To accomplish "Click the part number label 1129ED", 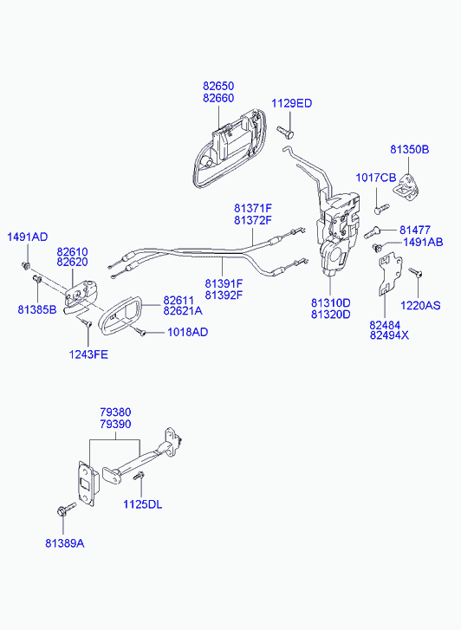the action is click(x=291, y=103).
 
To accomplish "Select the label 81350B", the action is click(x=410, y=149).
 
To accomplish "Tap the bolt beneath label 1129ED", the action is click(x=285, y=131).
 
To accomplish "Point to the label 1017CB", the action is click(x=376, y=177).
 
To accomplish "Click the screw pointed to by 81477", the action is click(x=373, y=232).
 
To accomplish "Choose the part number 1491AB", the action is click(x=423, y=242).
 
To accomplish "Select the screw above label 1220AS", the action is click(x=416, y=272).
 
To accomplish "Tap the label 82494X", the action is click(x=389, y=335).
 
